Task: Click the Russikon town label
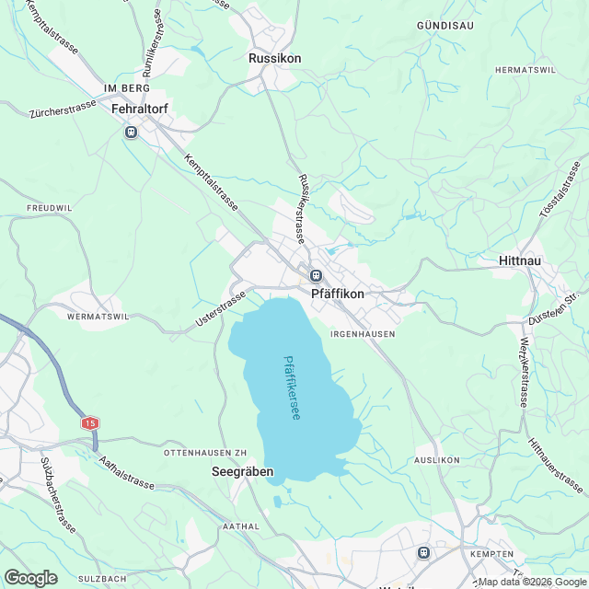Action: (274, 58)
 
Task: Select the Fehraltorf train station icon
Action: (131, 133)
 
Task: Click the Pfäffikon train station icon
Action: (316, 275)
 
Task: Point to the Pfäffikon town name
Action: (338, 294)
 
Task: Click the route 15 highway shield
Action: (89, 423)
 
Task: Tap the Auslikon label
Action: (437, 459)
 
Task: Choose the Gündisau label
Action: (445, 26)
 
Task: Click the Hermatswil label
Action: (525, 70)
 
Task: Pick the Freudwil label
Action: (51, 208)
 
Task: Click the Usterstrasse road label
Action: (221, 310)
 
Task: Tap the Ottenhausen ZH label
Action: (206, 454)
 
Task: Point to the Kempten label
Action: (490, 553)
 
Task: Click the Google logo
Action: (30, 578)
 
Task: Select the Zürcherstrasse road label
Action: (63, 109)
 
